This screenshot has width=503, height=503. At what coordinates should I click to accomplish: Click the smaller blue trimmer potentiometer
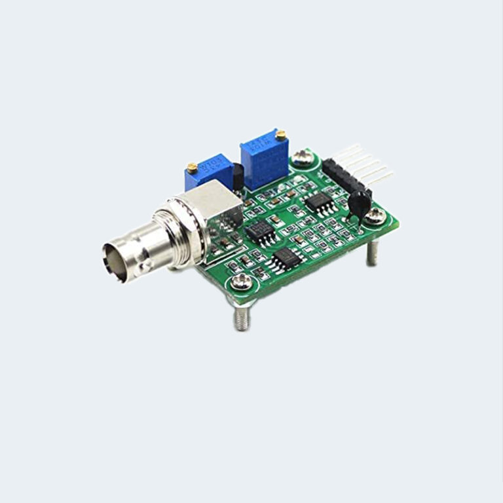point(209,174)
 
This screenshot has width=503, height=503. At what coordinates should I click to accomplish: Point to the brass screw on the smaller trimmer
point(192,168)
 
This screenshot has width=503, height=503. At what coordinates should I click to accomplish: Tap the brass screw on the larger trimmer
point(280,136)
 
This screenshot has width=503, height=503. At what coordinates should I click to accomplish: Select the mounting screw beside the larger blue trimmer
point(303,157)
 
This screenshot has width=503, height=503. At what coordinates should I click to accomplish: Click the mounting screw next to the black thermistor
point(375,215)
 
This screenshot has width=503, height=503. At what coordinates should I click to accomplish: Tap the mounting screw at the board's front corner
point(241,282)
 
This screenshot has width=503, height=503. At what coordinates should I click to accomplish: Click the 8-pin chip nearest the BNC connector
point(261,231)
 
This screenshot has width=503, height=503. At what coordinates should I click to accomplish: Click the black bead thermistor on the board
point(358,204)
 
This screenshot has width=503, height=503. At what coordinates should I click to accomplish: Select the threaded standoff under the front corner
point(242,318)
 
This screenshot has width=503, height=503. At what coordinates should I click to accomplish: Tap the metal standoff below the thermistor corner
point(372,252)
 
